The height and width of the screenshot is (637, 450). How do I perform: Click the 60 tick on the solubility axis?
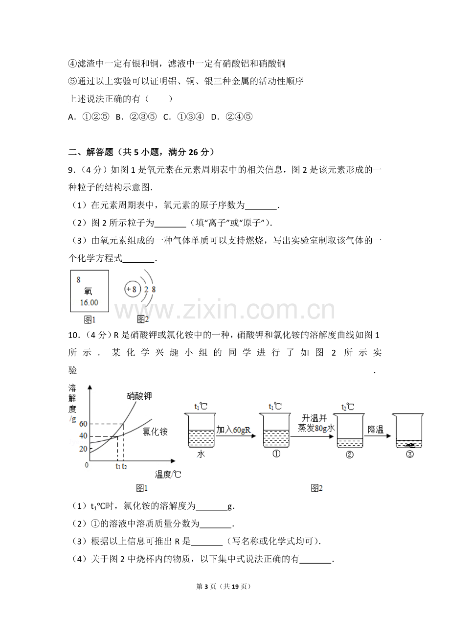click(x=83, y=424)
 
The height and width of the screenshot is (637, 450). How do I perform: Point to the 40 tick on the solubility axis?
click(x=83, y=436)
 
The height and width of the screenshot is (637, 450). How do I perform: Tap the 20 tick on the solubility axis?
click(x=83, y=449)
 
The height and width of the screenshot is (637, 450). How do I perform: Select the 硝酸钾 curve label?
click(x=139, y=396)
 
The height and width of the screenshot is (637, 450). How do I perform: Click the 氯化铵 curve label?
click(x=155, y=432)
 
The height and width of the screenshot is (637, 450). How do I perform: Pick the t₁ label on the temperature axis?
click(x=118, y=466)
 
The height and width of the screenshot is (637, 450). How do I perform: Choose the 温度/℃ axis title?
click(x=168, y=474)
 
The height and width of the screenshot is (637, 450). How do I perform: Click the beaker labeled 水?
click(x=201, y=431)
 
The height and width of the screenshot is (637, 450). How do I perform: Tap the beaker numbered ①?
click(x=275, y=431)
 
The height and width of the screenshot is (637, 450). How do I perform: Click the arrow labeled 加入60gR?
click(x=236, y=436)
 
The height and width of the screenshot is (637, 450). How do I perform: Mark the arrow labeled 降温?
click(x=378, y=435)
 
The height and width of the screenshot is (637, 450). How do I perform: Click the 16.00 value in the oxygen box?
click(x=89, y=302)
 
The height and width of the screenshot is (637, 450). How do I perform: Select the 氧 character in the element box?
click(x=88, y=291)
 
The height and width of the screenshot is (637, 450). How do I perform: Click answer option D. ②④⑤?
click(x=232, y=117)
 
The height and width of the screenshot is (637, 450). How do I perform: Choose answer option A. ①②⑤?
click(x=89, y=117)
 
